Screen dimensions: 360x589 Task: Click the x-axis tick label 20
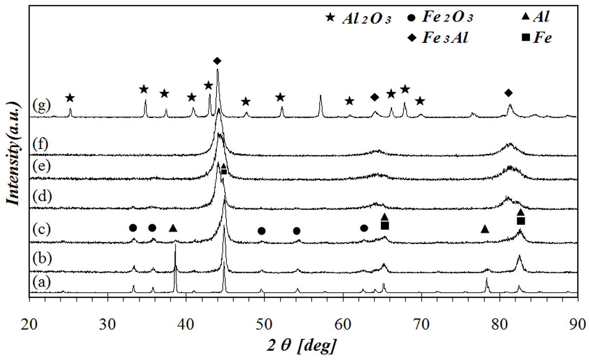(29, 310)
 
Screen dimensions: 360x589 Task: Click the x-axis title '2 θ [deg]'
(301, 334)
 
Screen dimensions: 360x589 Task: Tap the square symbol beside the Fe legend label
(525, 37)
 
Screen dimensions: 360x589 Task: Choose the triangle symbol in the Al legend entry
(525, 18)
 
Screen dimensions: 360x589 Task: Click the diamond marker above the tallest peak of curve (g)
(217, 61)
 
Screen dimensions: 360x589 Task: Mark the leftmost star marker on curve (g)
(70, 98)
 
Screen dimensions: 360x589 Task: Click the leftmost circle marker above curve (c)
(133, 228)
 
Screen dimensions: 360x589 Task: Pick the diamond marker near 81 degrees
(509, 93)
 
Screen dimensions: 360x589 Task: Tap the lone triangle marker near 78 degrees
(485, 229)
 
